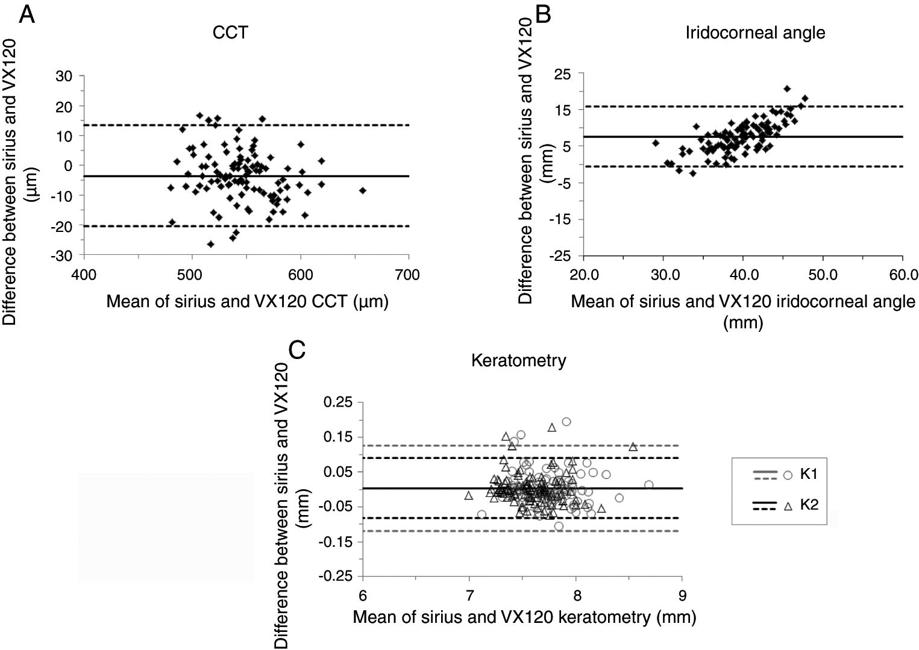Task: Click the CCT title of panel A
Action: pos(230,32)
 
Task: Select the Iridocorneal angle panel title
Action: pos(755,32)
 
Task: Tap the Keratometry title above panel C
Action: pos(518,361)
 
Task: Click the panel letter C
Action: pos(298,349)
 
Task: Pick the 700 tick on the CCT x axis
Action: pos(408,275)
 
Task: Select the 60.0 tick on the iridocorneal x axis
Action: pos(902,275)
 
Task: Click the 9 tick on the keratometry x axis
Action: pos(682,595)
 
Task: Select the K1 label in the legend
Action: pos(809,473)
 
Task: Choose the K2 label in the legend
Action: pos(809,505)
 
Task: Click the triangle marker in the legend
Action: pos(787,507)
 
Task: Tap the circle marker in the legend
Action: pos(787,475)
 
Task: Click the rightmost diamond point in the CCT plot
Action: pos(362,190)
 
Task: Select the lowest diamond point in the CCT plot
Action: pos(210,244)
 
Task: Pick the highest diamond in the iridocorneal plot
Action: pos(787,89)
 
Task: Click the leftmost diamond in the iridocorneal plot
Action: pos(656,143)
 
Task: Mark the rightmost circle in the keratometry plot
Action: pos(648,484)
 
